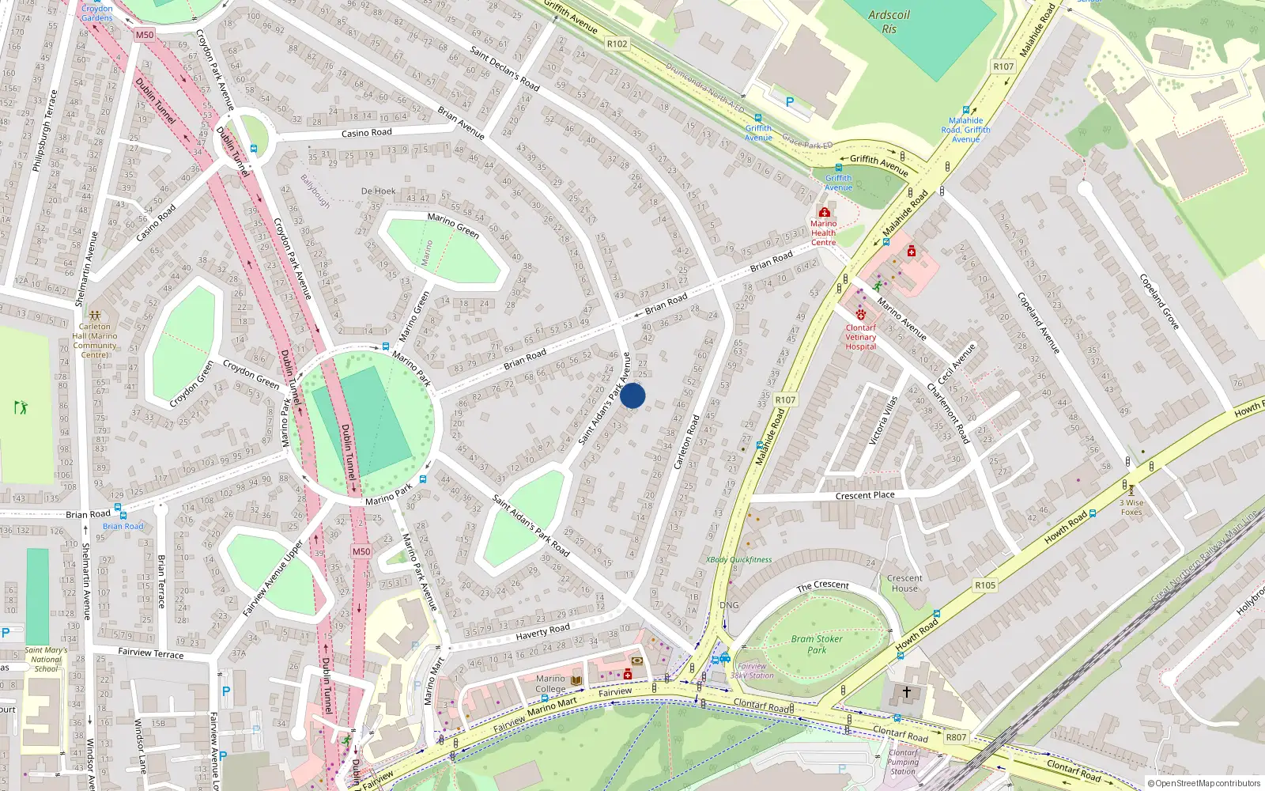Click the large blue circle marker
(x=632, y=395)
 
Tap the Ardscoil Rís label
(x=889, y=21)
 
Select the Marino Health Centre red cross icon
(x=824, y=212)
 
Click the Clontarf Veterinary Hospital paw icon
(x=860, y=314)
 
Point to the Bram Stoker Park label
(x=817, y=644)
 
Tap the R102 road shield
(x=617, y=44)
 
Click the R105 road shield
(x=985, y=585)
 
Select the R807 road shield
(x=956, y=737)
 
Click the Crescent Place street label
(x=865, y=495)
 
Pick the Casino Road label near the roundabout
(x=366, y=133)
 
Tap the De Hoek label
(x=378, y=191)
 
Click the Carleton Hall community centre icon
(x=95, y=315)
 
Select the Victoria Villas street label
(x=883, y=420)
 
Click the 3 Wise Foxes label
(x=1131, y=507)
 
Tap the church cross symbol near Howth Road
(x=906, y=692)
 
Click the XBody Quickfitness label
(x=738, y=559)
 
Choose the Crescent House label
(x=904, y=583)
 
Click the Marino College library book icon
(x=576, y=680)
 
